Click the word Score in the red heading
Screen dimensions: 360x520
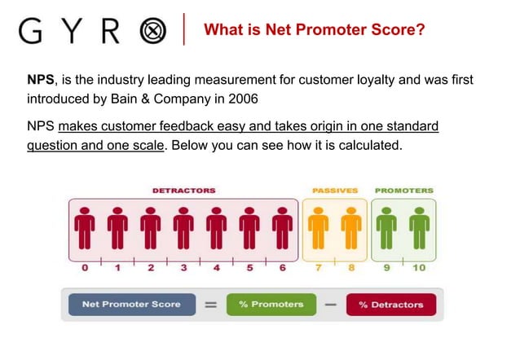pos(394,31)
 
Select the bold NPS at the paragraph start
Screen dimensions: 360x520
pos(41,81)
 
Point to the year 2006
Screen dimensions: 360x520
pos(242,99)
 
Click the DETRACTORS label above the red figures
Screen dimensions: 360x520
pos(183,191)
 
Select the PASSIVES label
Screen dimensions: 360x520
pos(335,191)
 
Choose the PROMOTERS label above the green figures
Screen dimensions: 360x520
pos(404,191)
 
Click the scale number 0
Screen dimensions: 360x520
pos(85,267)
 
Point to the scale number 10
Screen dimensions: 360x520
pos(420,267)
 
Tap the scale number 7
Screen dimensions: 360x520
pos(319,267)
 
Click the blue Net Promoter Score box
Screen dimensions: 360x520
pos(132,305)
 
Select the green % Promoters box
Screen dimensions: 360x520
pos(271,305)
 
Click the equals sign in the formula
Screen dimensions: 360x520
pos(210,305)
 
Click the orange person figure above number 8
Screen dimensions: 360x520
pos(350,228)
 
